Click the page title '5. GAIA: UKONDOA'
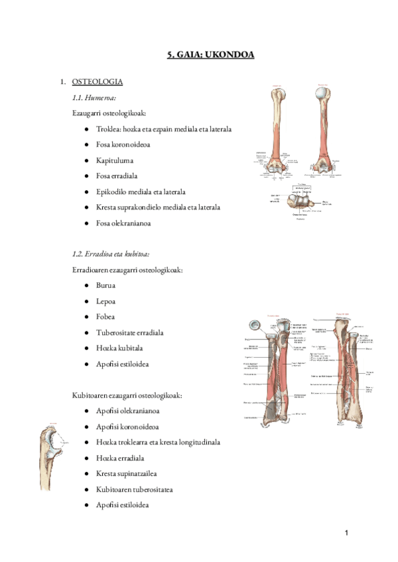[210, 56]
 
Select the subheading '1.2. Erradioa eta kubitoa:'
[111, 254]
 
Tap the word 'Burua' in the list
[105, 286]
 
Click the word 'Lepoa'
[106, 301]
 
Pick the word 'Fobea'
[105, 317]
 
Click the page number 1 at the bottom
[346, 534]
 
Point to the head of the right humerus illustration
[324, 94]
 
